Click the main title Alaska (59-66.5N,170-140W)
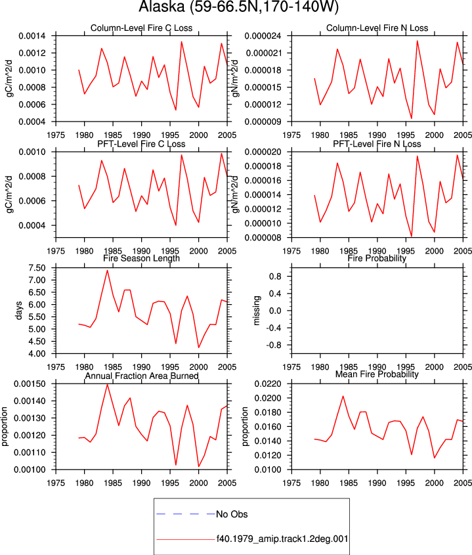point(238,7)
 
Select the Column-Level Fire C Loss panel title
point(142,28)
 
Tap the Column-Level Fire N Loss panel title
point(377,28)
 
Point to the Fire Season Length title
point(142,258)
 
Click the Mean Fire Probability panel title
point(377,374)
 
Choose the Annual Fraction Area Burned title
point(142,376)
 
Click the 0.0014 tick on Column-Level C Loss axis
point(32,35)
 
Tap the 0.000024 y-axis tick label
point(263,35)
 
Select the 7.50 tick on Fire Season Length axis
point(37,268)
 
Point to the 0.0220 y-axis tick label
point(268,384)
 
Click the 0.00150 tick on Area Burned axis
point(30,384)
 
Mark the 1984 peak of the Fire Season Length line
point(107,271)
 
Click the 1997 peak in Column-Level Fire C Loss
point(181,42)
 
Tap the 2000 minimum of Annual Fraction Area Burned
point(199,466)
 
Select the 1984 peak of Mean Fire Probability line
point(343,396)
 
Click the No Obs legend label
point(232,514)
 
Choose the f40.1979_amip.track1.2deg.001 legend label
point(282,539)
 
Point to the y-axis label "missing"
point(257,311)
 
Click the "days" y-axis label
point(19,311)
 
